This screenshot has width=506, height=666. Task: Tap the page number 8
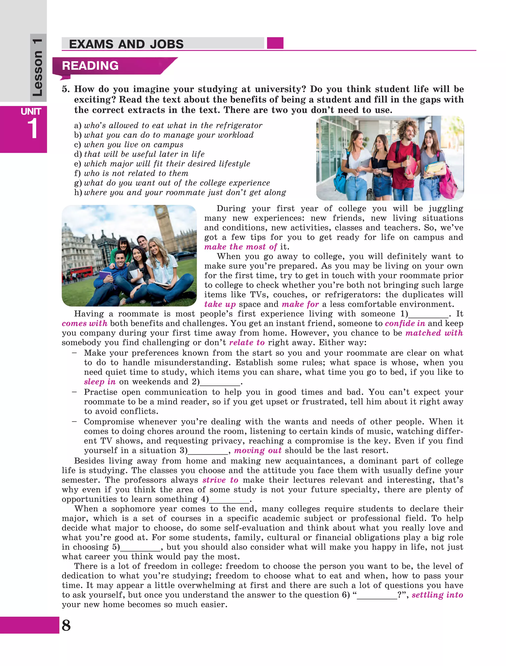(x=66, y=625)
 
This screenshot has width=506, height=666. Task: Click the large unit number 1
(x=32, y=129)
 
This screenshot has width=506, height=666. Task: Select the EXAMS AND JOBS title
(x=126, y=44)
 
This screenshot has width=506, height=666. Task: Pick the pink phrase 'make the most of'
(x=240, y=247)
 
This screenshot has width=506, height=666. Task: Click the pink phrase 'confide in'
(x=405, y=323)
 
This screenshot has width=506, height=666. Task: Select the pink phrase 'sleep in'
(x=100, y=382)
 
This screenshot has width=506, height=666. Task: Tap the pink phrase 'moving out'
(x=258, y=450)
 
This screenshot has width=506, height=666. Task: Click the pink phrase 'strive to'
(x=220, y=480)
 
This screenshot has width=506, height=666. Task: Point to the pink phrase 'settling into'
(x=437, y=595)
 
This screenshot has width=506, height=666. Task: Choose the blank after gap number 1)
(x=428, y=314)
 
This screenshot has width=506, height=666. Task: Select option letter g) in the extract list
(x=78, y=183)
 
